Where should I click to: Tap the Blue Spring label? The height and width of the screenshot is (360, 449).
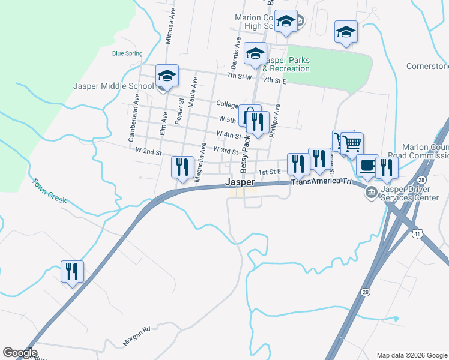127,53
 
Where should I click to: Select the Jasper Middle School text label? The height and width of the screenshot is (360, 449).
113,86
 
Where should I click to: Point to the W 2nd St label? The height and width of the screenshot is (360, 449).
149,152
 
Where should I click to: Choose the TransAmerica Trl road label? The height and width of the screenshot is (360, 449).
321,181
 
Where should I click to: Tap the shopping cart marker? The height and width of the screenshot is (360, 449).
352,143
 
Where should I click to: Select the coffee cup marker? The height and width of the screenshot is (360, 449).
367,166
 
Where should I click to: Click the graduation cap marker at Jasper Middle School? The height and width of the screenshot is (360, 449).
167,76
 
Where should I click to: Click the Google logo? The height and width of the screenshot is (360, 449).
20,353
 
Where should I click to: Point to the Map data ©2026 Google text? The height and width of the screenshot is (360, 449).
412,355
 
